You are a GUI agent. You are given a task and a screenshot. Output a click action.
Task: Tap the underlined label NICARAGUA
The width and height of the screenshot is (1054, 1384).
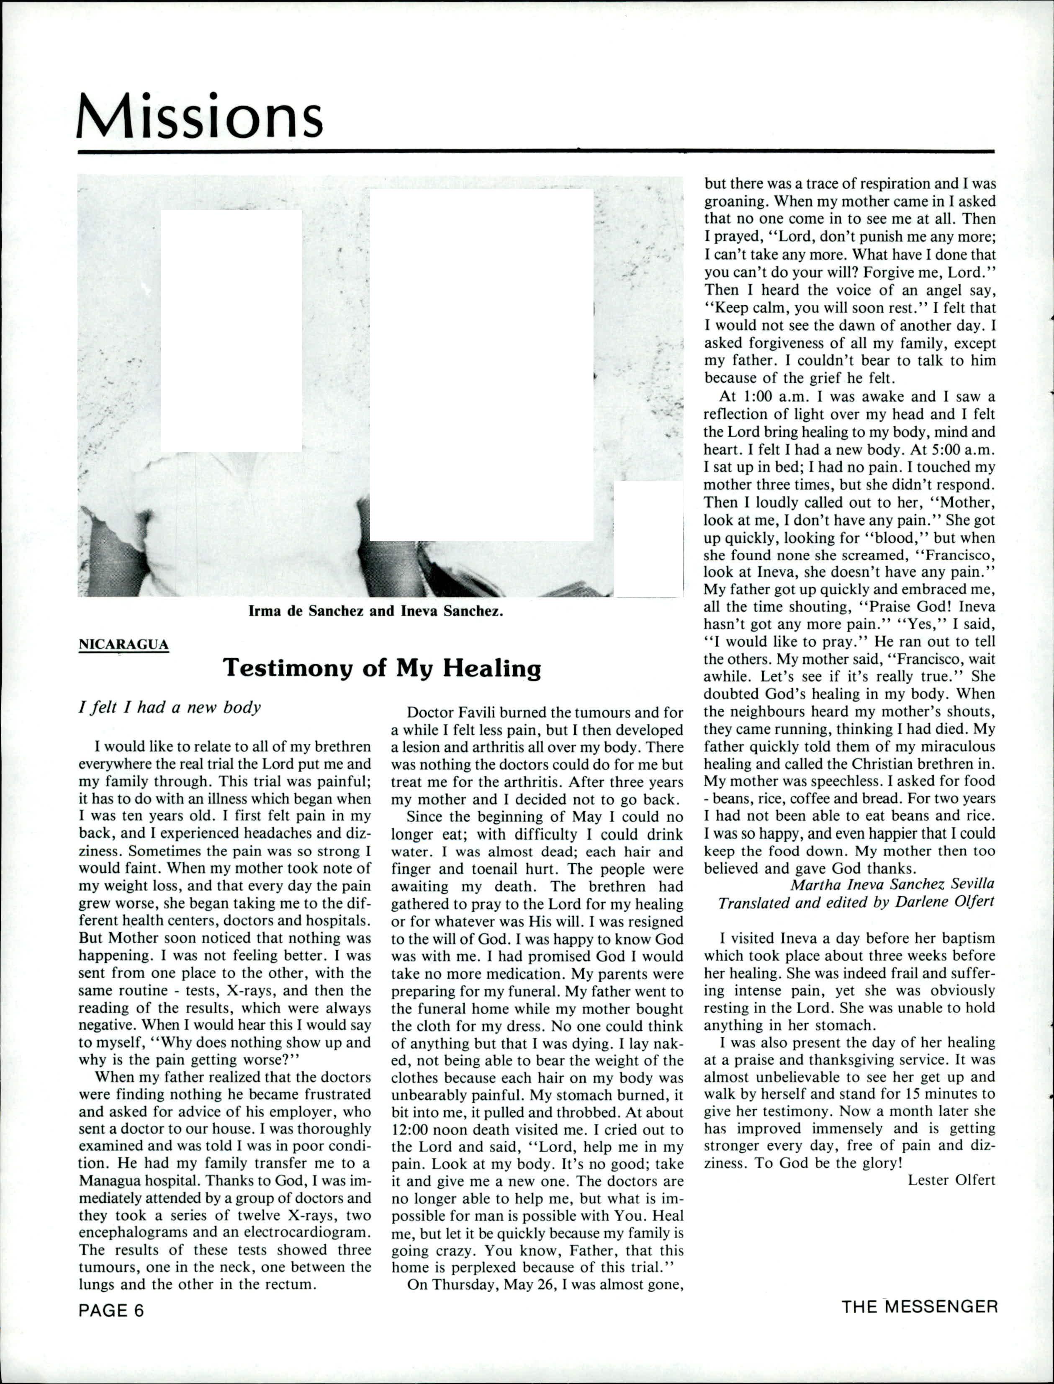click(123, 644)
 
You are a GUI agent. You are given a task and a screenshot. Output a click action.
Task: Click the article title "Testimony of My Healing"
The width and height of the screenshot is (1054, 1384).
click(382, 668)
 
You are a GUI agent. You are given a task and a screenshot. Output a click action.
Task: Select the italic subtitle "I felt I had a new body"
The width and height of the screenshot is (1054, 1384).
click(170, 707)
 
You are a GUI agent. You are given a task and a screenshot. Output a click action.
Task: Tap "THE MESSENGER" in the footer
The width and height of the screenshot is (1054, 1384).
click(919, 1307)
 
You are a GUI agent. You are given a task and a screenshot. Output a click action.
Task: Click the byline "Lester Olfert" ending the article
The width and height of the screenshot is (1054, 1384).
click(951, 1180)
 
